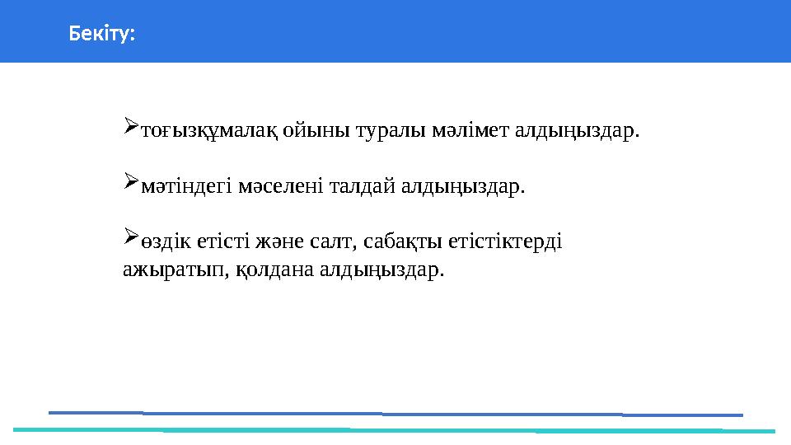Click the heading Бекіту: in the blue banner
click(102, 35)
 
